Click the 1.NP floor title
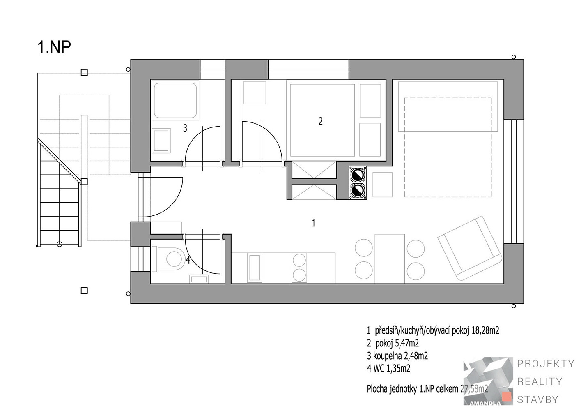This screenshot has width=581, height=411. point(54,47)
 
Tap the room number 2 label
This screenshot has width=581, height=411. point(321,121)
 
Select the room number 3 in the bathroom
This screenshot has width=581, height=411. point(185,128)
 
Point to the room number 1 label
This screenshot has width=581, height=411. point(314,223)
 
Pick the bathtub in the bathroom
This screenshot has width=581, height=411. point(175,100)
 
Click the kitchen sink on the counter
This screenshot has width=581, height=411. point(255,268)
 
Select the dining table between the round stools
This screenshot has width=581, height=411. point(390,259)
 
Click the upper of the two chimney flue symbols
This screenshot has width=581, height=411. point(358,175)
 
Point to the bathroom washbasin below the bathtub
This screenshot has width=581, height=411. point(161,141)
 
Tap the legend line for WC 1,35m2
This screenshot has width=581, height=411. point(388,368)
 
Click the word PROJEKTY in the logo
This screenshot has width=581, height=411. point(546,364)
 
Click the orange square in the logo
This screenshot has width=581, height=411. point(507,397)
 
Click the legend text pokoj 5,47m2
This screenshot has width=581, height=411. point(397,343)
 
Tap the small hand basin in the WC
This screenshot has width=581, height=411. point(199,279)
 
